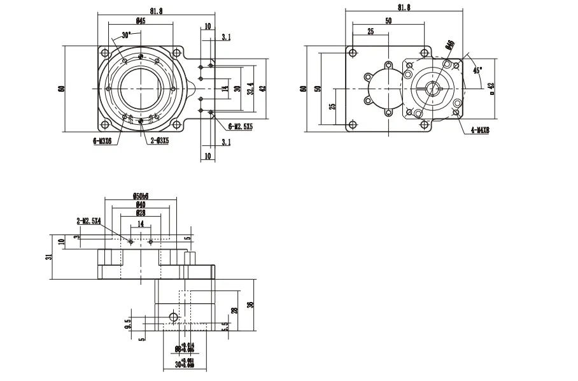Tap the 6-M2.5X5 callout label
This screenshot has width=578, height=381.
click(x=240, y=127)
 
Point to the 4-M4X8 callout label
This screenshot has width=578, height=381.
click(x=480, y=130)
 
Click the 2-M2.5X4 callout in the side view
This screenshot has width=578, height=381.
click(x=89, y=220)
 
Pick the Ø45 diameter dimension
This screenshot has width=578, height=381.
click(x=140, y=21)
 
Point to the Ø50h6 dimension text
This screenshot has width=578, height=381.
click(x=140, y=196)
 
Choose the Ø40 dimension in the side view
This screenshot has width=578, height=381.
click(x=140, y=205)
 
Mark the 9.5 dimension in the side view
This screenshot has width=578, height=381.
click(x=128, y=325)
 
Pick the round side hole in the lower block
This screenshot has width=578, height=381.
click(x=173, y=317)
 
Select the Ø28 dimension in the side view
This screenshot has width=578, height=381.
click(x=140, y=213)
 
